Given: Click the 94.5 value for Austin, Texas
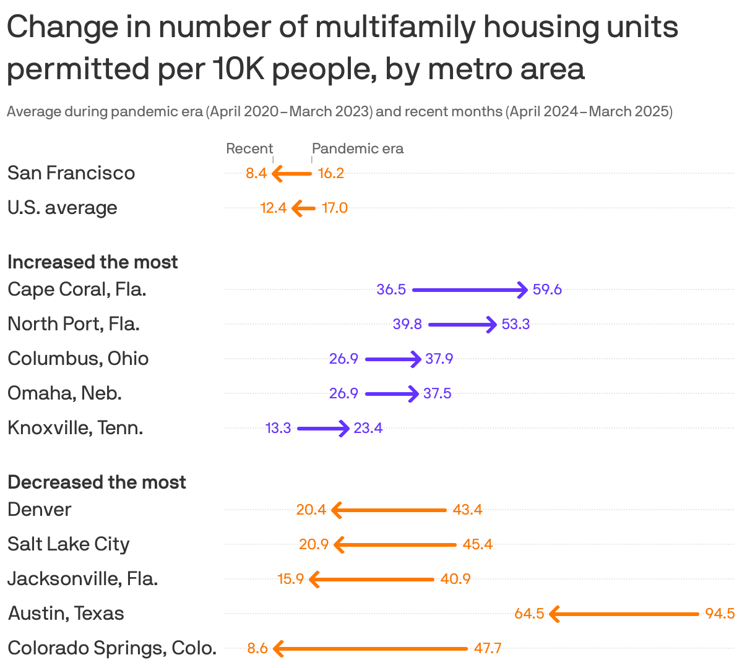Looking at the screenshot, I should pos(720,614).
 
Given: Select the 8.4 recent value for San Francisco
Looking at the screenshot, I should pos(256,173).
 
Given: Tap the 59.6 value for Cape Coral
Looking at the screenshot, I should pos(547,289).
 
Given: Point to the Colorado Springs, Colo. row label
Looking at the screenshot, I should pos(112,648).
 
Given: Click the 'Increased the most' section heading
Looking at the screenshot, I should pos(93,262).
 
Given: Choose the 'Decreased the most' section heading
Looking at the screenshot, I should pos(97,482).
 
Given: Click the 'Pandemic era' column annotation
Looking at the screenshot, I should pos(358,148).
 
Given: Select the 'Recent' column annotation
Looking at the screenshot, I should pos(249,148).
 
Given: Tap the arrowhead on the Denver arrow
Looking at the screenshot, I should pos(337,510).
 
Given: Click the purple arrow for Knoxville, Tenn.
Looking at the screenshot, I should pos(322,428).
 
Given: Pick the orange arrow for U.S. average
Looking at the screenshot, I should pos(303,208).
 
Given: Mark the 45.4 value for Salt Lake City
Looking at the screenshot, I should pos(478,544).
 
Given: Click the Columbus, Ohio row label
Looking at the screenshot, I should pos(78,358).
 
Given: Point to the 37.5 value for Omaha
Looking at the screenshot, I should pos(437,393).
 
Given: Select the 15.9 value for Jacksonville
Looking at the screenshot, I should pos(291,579).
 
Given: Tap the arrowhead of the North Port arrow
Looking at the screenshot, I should pos(493,324).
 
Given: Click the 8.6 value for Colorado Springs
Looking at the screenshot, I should pos(257,648).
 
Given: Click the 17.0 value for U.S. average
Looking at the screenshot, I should pos(335,208).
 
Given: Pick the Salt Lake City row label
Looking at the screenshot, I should pos(69,544).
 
